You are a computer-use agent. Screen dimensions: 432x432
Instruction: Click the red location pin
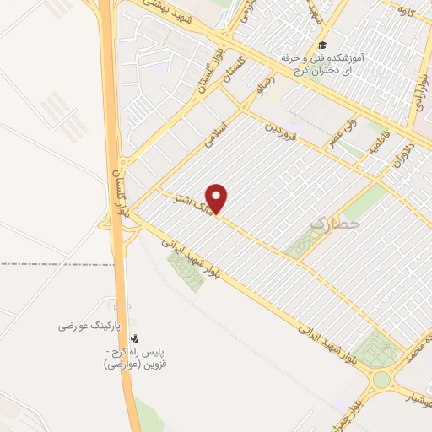[x=218, y=198]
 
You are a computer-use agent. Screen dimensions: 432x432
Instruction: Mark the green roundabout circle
[x=382, y=380]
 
